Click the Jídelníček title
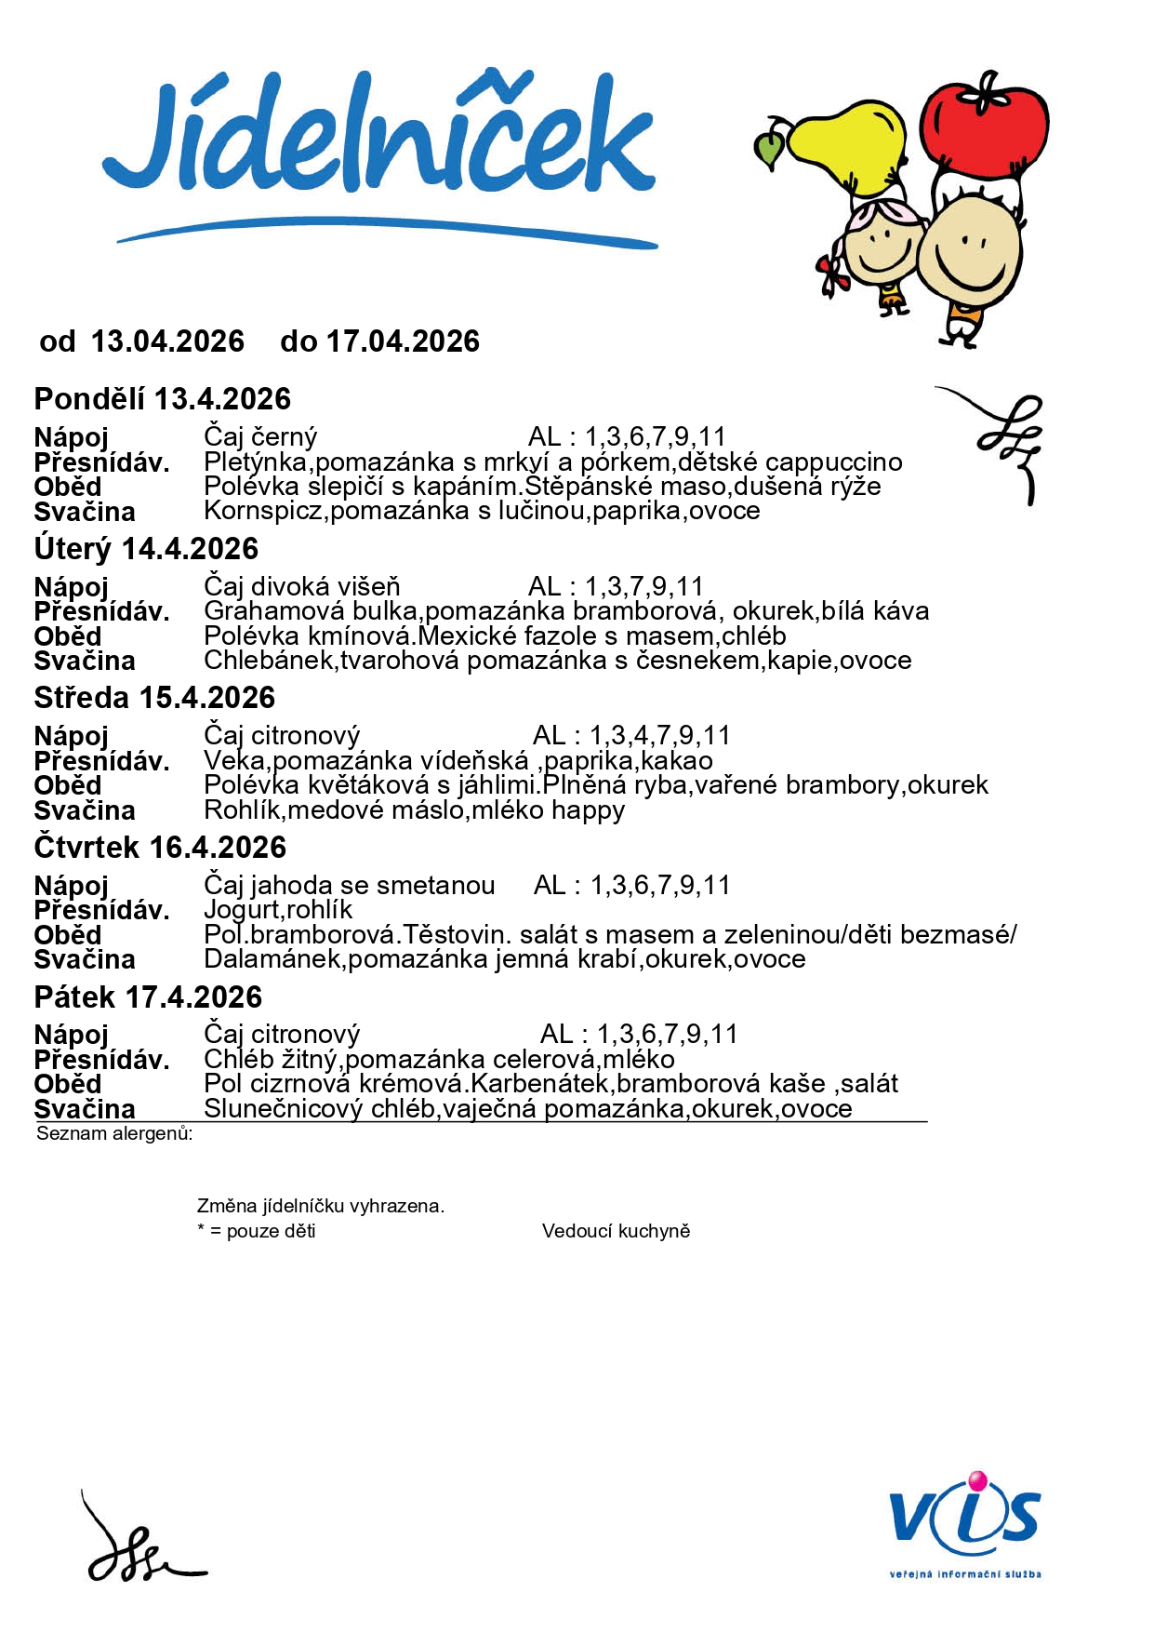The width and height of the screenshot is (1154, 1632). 379,140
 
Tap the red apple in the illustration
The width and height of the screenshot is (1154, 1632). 984,130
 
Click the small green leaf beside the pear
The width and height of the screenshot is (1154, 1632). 770,149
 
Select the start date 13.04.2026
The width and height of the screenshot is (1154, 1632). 167,341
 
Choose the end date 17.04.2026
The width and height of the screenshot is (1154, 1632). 403,341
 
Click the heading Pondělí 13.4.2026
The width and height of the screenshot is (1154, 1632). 163,399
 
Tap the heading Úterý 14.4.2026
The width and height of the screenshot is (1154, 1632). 146,549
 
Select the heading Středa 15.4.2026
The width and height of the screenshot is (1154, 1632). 154,698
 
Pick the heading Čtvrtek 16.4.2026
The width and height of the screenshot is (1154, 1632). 160,848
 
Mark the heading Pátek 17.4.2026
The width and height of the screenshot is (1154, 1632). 148,997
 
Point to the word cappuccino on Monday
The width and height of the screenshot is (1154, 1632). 834,462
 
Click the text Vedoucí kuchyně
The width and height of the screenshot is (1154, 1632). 616,1231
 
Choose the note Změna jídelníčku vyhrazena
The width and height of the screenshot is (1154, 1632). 321,1206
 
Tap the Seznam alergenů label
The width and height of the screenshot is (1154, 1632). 114,1133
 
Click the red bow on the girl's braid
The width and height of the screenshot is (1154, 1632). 830,274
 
